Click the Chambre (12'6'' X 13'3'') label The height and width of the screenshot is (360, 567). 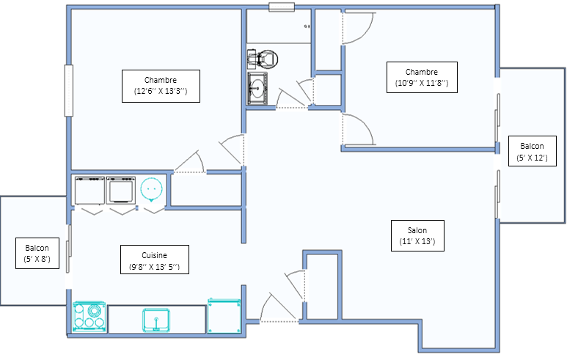[161, 86]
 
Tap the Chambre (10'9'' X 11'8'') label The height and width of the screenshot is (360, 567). [422, 77]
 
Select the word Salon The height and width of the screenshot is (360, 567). [417, 230]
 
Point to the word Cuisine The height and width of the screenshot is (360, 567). [155, 255]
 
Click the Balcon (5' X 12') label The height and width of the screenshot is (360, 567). [533, 151]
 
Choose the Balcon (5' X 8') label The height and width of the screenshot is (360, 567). [37, 253]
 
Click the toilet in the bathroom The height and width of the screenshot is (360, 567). [263, 59]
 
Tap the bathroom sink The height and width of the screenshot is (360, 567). [257, 89]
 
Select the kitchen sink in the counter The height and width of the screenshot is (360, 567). [156, 320]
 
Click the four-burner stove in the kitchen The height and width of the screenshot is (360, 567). [89, 317]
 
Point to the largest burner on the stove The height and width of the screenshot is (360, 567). [95, 310]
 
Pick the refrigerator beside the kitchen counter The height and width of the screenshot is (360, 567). [224, 315]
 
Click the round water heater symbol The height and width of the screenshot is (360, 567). [152, 189]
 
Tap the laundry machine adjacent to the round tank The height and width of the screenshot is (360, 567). [121, 191]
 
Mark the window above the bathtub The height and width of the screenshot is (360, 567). [282, 7]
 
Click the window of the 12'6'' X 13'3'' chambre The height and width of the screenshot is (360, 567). [69, 90]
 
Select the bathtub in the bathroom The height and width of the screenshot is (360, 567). [279, 26]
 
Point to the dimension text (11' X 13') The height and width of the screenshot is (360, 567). [417, 241]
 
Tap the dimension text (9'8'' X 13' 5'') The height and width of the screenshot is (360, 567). [155, 267]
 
